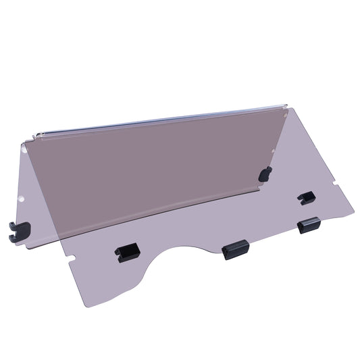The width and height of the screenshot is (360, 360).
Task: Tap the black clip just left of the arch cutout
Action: [x=128, y=253]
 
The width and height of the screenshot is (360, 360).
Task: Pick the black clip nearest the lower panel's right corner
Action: [x=309, y=225]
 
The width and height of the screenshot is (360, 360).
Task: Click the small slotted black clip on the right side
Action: [x=305, y=197]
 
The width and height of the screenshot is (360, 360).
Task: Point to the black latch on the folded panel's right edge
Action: [x=266, y=174]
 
